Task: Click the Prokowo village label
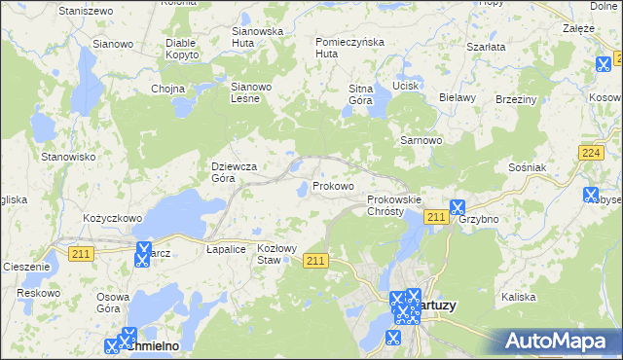pyautogui.click(x=332, y=185)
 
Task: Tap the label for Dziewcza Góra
pyautogui.click(x=235, y=172)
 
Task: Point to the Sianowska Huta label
pyautogui.click(x=257, y=37)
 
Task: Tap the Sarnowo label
pyautogui.click(x=422, y=140)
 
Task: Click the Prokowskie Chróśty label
pyautogui.click(x=393, y=205)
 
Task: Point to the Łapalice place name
pyautogui.click(x=225, y=248)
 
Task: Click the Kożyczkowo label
pyautogui.click(x=113, y=218)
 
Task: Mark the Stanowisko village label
pyautogui.click(x=67, y=156)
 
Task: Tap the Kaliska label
pyautogui.click(x=518, y=296)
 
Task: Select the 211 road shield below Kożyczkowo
pyautogui.click(x=81, y=253)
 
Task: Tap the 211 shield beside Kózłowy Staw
pyautogui.click(x=314, y=260)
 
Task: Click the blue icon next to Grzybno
pyautogui.click(x=457, y=207)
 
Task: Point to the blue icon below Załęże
pyautogui.click(x=603, y=64)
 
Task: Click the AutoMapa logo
pyautogui.click(x=560, y=342)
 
